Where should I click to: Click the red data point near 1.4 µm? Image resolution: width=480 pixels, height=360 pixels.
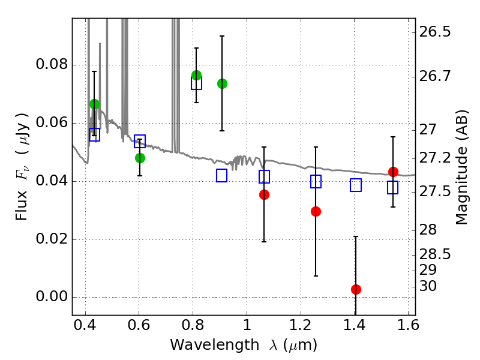(356, 289)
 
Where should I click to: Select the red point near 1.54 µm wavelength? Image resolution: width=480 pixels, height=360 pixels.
(393, 172)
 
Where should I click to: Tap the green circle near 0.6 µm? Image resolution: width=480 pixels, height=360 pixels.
(140, 158)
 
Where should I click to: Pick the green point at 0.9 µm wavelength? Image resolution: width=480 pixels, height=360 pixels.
(222, 83)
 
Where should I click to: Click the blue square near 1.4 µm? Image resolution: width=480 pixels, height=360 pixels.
(356, 185)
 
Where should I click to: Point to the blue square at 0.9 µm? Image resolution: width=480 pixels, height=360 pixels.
(221, 175)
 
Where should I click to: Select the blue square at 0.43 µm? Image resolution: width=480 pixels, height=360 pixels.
(95, 134)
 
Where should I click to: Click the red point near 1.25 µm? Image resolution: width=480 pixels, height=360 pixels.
(316, 212)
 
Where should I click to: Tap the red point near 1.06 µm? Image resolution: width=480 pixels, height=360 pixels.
(264, 194)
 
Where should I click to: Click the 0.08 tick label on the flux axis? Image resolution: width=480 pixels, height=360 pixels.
(52, 65)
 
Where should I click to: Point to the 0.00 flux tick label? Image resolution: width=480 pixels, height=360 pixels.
(52, 296)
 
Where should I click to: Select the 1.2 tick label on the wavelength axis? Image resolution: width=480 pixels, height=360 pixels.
(301, 325)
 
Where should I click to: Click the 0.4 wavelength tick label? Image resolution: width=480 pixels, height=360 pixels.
(85, 325)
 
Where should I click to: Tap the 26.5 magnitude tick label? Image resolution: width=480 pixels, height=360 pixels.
(435, 32)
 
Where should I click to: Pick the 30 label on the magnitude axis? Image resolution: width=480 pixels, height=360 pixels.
(428, 286)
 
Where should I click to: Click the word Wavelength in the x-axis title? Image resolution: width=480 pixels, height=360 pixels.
(215, 345)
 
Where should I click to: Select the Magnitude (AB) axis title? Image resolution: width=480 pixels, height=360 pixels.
(462, 167)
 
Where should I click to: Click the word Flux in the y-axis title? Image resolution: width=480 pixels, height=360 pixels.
(22, 206)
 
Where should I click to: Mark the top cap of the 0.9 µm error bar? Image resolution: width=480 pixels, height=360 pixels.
(222, 36)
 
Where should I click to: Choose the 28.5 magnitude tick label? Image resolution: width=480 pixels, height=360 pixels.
(435, 254)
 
